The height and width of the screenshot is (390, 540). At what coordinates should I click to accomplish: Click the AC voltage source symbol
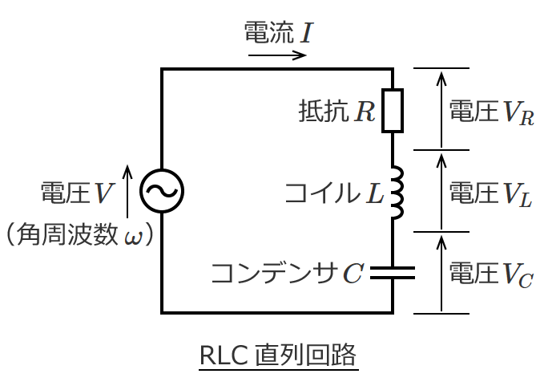pos(163,191)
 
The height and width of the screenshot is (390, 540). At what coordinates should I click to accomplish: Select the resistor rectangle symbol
pos(393,111)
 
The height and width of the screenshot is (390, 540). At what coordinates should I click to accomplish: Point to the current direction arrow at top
pos(276,56)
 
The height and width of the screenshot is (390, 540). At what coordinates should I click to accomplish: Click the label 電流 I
pos(277,34)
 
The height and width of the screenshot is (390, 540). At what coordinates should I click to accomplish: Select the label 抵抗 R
pos(336,111)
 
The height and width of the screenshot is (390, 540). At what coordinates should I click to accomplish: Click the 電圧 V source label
pos(76,193)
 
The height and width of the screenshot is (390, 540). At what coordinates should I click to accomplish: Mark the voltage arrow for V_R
pos(440,109)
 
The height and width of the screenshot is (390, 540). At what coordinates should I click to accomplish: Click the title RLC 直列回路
pos(277,354)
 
